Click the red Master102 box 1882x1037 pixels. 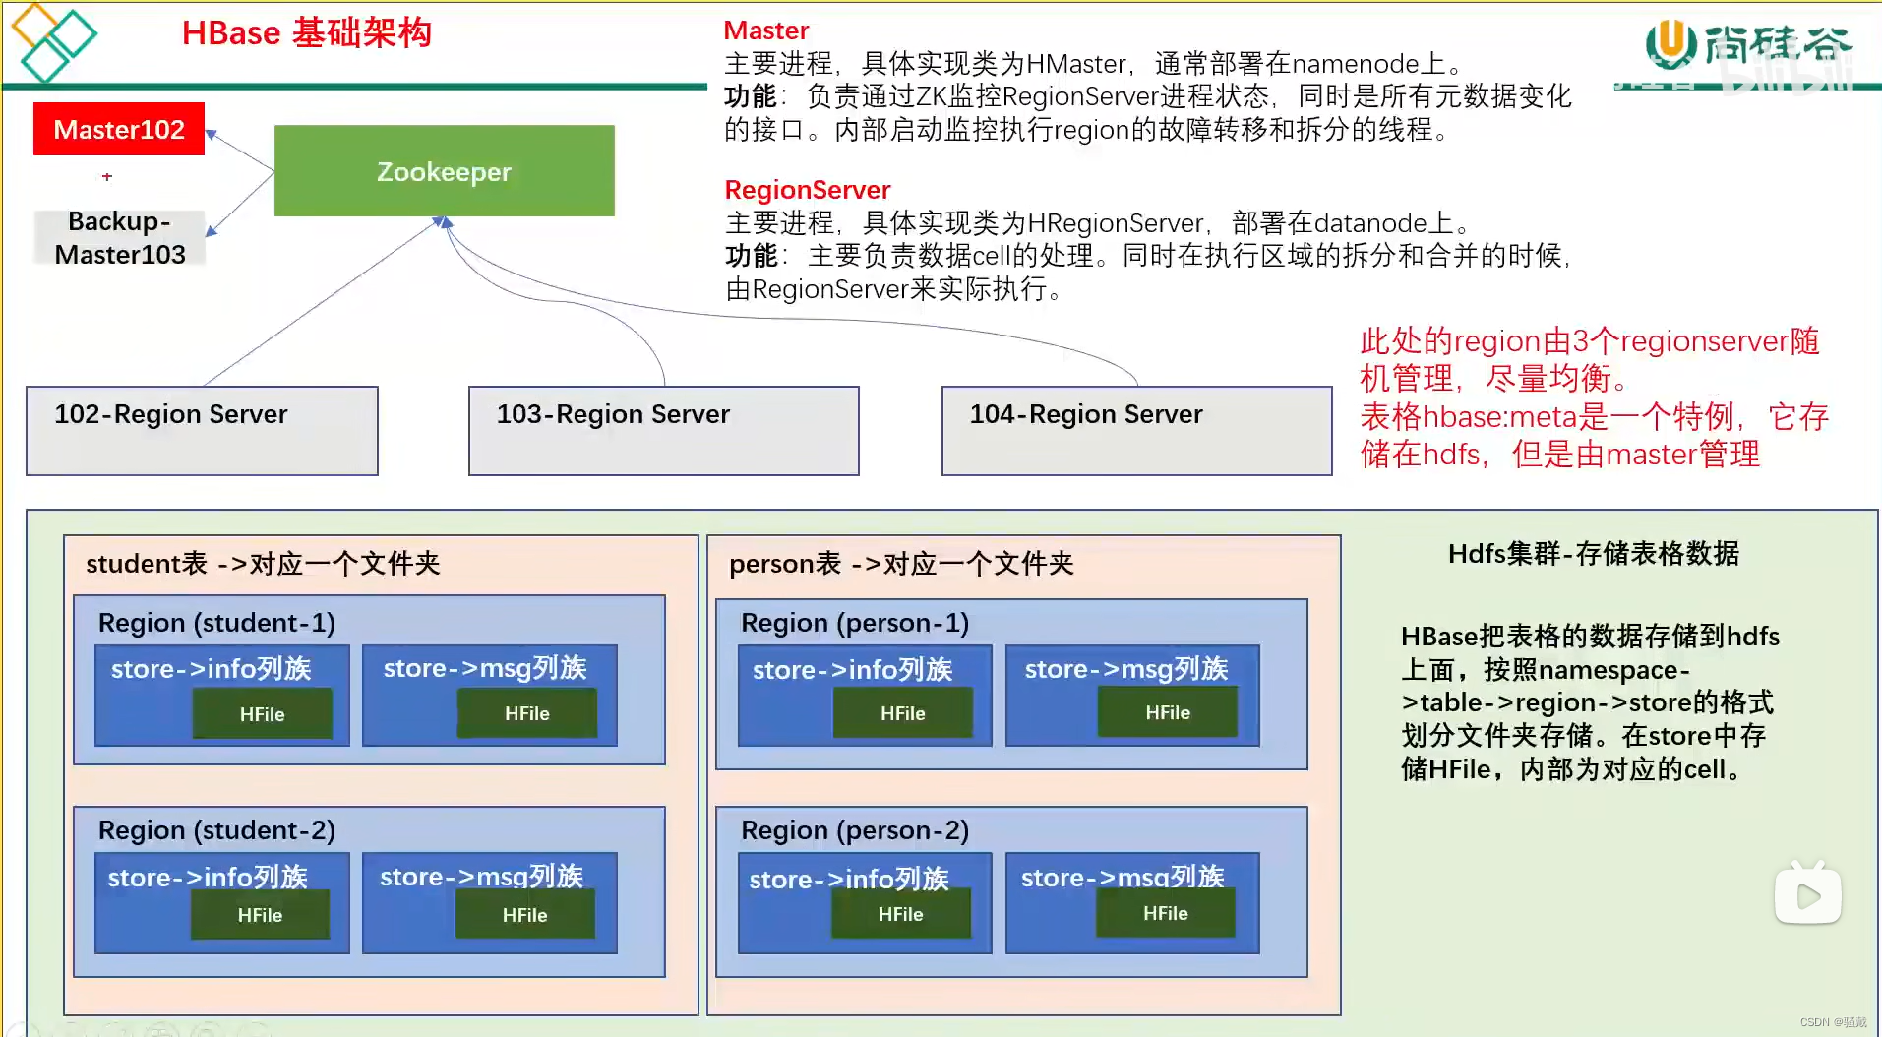tap(119, 129)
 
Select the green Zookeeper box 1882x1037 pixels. tap(444, 171)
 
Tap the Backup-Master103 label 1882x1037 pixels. tap(120, 238)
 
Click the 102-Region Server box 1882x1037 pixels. tap(202, 430)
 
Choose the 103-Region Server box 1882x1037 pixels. tap(663, 430)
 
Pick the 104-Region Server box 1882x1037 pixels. tap(1136, 430)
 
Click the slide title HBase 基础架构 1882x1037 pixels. tap(307, 33)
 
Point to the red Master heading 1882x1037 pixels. tap(765, 30)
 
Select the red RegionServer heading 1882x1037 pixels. tap(807, 190)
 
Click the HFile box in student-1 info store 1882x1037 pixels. tap(262, 714)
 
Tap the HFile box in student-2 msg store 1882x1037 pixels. tap(524, 915)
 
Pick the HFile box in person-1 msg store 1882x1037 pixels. tap(1167, 712)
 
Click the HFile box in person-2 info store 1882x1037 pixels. tap(900, 914)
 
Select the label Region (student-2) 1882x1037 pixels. tap(216, 830)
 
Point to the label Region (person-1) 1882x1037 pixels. tap(854, 623)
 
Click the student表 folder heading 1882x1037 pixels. tap(263, 564)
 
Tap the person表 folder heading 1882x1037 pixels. tap(900, 564)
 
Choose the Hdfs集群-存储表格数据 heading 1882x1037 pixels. tap(1593, 554)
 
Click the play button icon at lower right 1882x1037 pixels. tap(1807, 894)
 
